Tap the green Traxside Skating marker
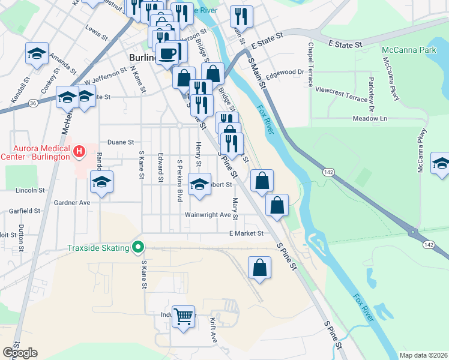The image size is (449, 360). (139, 247)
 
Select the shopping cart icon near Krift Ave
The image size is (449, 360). (183, 316)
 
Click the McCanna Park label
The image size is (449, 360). (409, 50)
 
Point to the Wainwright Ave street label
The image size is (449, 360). (208, 215)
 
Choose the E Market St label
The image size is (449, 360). (246, 233)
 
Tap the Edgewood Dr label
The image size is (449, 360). (286, 72)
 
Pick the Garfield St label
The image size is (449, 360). (25, 211)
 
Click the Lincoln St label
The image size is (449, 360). (30, 190)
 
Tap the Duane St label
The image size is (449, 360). (120, 142)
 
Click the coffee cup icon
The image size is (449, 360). (167, 53)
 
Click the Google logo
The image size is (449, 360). (20, 353)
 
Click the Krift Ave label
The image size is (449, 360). (213, 330)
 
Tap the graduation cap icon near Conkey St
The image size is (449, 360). (37, 53)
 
